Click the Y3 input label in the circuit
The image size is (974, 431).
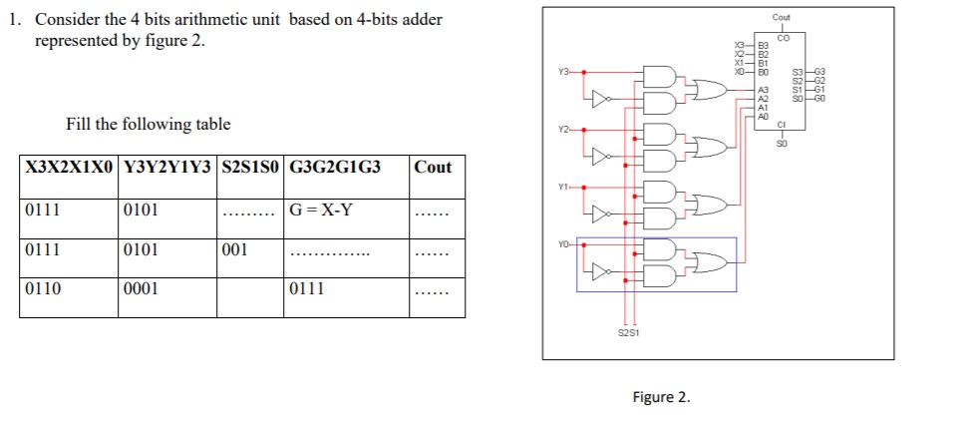coord(564,72)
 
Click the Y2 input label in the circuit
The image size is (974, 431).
coord(564,129)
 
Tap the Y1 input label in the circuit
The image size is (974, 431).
coord(564,186)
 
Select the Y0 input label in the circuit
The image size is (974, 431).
coord(564,242)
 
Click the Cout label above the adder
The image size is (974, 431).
coord(781,18)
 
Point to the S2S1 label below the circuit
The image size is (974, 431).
coord(629,333)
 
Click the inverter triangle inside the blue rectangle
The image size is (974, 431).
coord(599,270)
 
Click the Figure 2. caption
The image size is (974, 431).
coord(661,397)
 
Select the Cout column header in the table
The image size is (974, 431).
coord(433,168)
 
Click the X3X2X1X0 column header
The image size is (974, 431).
coord(68,168)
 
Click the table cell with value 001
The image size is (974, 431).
coord(235,249)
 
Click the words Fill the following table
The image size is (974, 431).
coord(148,125)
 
